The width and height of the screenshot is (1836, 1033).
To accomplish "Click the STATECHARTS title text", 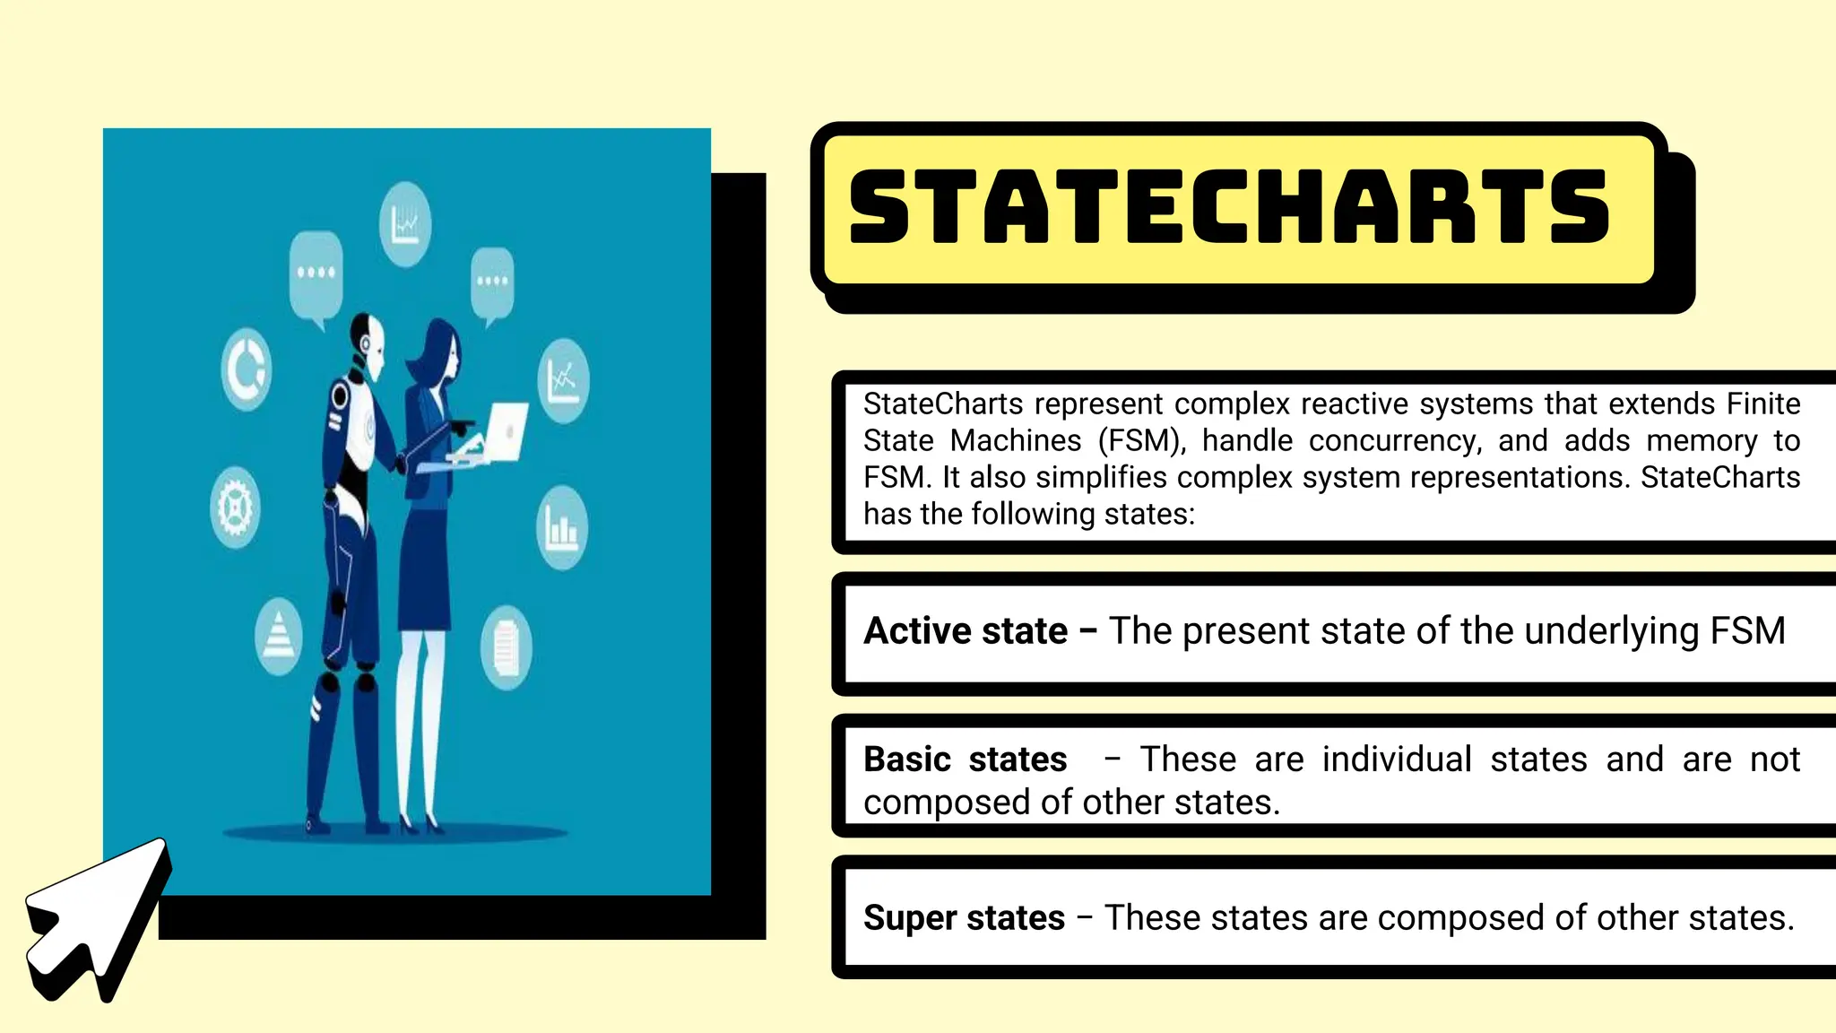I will coord(1229,206).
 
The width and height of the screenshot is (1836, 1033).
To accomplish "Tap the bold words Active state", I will coord(966,631).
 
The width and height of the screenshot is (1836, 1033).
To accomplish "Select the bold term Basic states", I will coord(965,760).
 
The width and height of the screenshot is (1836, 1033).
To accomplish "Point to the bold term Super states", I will coord(964,918).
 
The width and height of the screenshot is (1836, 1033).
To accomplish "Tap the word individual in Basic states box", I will coord(1397,760).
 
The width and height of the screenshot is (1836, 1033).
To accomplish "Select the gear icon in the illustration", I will coord(236,507).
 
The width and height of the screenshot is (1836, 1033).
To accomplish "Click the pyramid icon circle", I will coord(279,636).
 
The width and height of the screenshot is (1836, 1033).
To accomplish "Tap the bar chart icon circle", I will coord(562,527).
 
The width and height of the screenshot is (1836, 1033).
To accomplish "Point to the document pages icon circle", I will coord(507,647).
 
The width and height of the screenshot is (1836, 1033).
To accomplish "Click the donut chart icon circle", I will coord(246,369).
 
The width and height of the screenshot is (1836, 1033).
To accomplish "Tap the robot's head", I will coord(368,343).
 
